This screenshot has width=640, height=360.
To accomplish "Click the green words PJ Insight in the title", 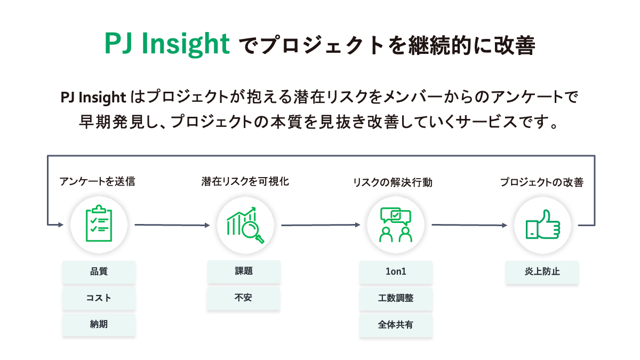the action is (167, 44).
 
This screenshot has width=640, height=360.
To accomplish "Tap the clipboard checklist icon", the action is (99, 223).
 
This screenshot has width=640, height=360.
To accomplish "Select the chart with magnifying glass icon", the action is (245, 225).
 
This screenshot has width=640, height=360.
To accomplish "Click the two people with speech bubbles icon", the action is (396, 225).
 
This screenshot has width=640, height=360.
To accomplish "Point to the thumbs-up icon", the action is (543, 225).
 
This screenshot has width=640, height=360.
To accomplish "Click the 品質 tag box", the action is (99, 271).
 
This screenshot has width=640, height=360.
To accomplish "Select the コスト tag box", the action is (99, 298).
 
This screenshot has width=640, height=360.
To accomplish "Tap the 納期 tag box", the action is (99, 325).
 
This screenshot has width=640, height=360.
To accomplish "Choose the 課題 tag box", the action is (244, 271).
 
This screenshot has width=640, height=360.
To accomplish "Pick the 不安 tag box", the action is (243, 298).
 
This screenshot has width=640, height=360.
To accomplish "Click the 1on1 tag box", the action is (396, 271).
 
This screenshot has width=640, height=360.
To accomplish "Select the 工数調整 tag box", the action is (396, 299).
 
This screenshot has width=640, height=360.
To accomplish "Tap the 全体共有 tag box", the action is (396, 325).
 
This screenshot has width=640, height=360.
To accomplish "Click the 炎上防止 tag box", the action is (542, 271).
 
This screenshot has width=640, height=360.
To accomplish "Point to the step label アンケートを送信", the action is (97, 181).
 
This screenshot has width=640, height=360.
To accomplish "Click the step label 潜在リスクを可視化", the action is (245, 181).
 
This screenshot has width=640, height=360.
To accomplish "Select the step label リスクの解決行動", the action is (393, 182).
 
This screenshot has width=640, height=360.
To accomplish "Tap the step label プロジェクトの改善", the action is (542, 182).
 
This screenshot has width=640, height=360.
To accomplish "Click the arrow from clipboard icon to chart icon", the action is (172, 225).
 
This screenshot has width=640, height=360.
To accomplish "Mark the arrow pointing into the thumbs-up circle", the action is (469, 225).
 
